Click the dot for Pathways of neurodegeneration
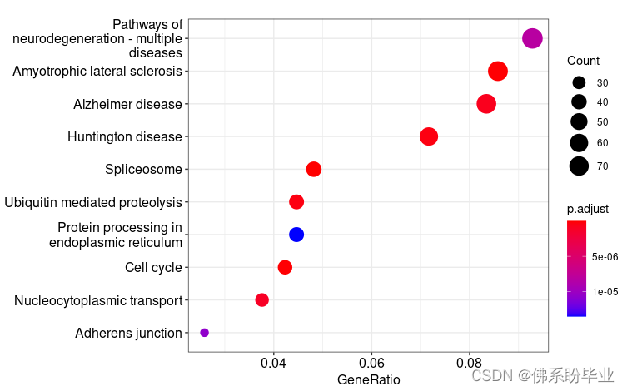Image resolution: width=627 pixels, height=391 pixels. (x=532, y=38)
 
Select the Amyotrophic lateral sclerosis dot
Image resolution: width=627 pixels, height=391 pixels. (x=498, y=72)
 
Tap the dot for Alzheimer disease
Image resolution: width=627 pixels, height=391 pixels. (x=486, y=104)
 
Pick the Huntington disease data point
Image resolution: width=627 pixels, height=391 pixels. (x=429, y=136)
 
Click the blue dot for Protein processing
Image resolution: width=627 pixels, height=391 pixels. (x=296, y=235)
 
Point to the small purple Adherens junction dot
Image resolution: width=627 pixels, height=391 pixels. (x=205, y=333)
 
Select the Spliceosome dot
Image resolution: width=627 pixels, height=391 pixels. (x=314, y=170)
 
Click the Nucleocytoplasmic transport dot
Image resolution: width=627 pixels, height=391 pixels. (x=262, y=299)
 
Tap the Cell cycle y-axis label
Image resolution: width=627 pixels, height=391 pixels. (x=153, y=267)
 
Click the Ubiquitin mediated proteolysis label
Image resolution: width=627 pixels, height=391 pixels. (x=93, y=202)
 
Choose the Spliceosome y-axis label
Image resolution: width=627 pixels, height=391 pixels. (x=143, y=170)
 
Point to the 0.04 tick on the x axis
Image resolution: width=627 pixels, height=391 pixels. (x=273, y=364)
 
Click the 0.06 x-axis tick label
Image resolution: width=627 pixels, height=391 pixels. (x=371, y=364)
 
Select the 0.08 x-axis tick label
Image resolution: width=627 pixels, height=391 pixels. (x=470, y=364)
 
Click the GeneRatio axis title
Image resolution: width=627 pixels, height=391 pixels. (x=368, y=380)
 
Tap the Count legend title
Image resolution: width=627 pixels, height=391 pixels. (x=583, y=61)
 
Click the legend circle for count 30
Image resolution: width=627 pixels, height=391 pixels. (x=580, y=83)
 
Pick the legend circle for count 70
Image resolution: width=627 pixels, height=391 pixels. (x=580, y=166)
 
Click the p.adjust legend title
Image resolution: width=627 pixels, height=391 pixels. (x=588, y=210)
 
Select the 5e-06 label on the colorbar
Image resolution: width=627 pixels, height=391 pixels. (x=605, y=258)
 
